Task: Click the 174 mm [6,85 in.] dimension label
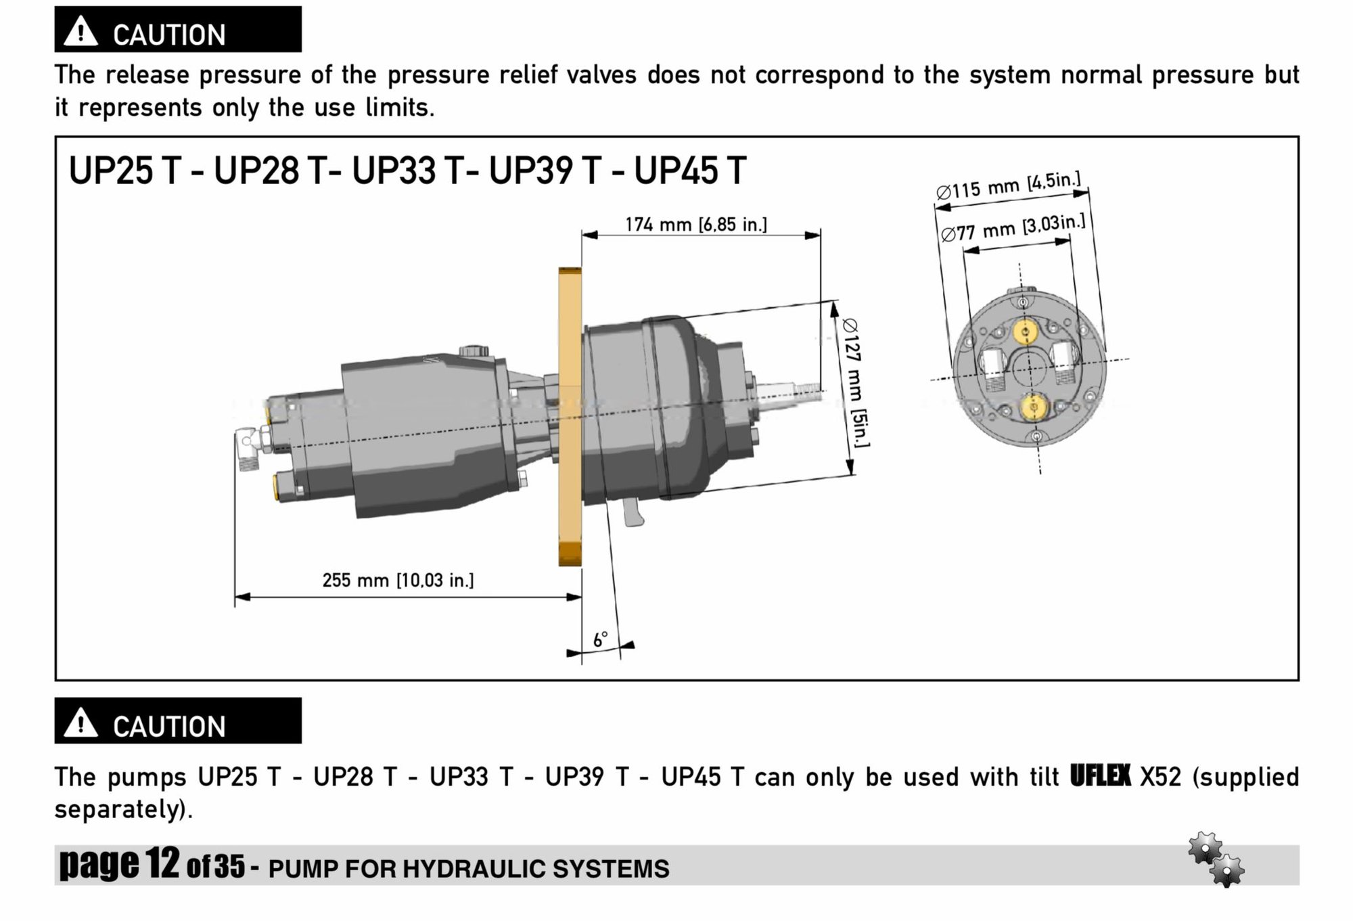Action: point(695,224)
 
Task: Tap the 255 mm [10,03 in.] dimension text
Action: point(398,580)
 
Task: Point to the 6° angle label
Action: point(600,639)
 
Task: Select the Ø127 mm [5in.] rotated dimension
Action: point(855,382)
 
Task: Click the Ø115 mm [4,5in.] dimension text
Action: point(1008,185)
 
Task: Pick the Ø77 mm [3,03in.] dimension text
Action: point(1013,228)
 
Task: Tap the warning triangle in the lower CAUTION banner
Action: point(81,723)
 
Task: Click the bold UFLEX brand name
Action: point(1100,776)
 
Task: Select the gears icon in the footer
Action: point(1216,859)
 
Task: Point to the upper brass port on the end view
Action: point(1026,332)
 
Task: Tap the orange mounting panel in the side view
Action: point(570,416)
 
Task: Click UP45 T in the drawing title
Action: point(689,170)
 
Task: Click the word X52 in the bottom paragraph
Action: point(1160,777)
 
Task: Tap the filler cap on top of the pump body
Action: point(473,351)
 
